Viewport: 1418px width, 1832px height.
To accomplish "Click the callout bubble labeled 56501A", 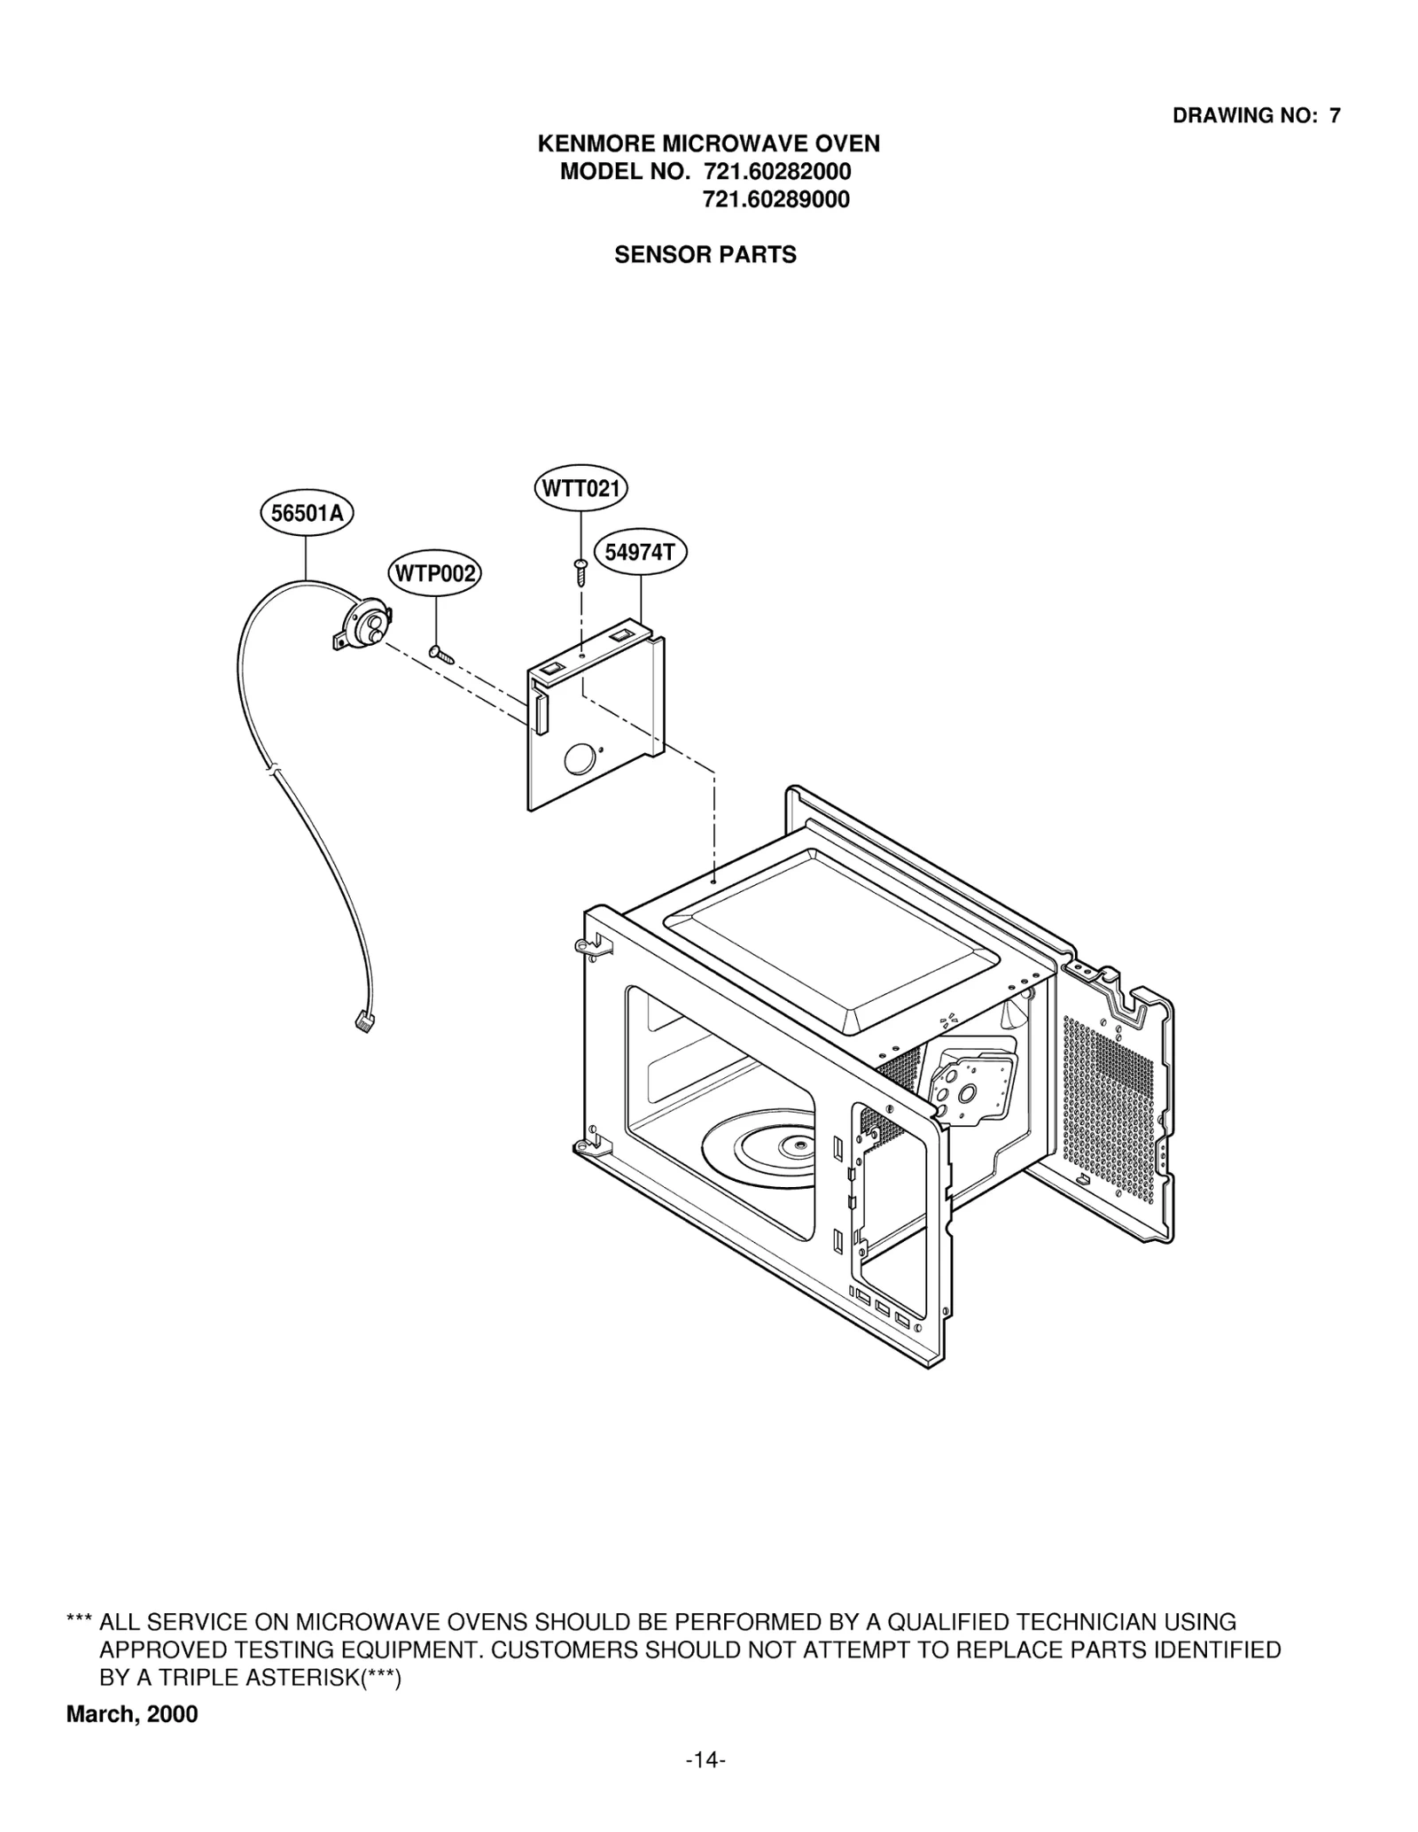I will (307, 513).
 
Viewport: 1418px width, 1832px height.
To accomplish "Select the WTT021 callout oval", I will (580, 488).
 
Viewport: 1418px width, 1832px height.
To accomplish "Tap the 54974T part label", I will (640, 553).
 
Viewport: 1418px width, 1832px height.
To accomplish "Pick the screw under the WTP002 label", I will (440, 654).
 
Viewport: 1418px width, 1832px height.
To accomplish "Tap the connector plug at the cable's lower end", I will (361, 1024).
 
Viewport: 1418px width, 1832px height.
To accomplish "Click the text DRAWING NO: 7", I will (1256, 115).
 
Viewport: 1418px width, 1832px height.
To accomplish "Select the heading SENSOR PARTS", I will (705, 255).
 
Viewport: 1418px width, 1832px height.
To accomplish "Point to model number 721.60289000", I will (776, 200).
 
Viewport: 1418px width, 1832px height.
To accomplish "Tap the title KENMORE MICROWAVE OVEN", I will (709, 144).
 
